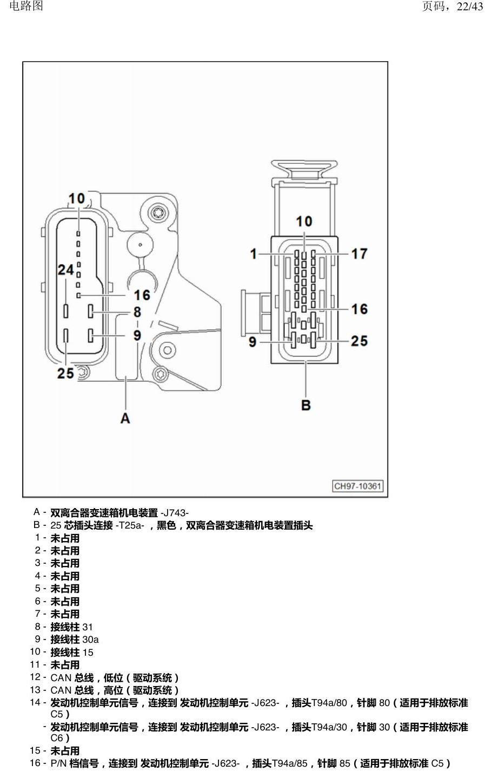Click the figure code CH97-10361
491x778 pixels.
358,486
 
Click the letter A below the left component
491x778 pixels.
125,418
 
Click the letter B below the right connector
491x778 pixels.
306,405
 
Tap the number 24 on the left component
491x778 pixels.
65,270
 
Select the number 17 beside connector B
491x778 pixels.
359,254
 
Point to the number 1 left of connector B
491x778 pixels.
254,254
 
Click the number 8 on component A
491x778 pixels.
137,312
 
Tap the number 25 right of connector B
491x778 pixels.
359,341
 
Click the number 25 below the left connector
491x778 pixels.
65,373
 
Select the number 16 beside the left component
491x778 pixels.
142,295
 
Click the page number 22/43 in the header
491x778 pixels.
470,6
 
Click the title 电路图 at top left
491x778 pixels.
26,6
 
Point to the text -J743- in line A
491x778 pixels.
174,513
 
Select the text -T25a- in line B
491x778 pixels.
130,525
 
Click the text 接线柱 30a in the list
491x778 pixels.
74,639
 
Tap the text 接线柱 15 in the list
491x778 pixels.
72,652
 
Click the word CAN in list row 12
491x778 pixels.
61,677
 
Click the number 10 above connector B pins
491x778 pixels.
304,221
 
